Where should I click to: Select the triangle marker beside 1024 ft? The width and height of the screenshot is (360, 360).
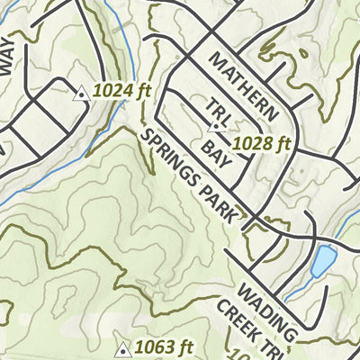click(81, 92)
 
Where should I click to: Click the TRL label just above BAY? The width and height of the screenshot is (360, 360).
click(217, 113)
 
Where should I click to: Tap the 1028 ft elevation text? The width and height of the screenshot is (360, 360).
click(262, 143)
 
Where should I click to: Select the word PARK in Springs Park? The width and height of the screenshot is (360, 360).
click(224, 206)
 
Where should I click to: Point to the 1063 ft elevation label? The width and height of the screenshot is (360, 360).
click(164, 347)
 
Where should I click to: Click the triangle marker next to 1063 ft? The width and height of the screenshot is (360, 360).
click(123, 348)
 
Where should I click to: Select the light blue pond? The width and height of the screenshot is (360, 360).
click(320, 260)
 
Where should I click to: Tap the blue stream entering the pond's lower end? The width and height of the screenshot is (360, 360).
click(297, 290)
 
